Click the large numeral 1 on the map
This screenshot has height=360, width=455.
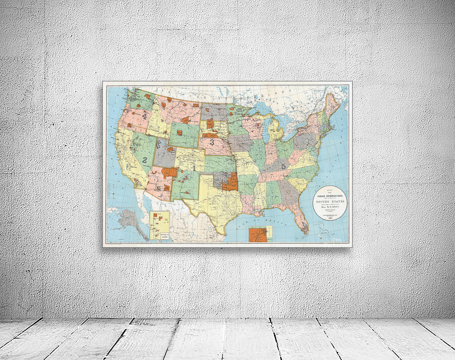[193, 167]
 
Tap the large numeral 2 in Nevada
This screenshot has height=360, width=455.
[145, 160]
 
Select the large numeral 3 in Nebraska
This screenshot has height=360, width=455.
[212, 143]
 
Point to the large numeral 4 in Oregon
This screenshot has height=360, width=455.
[145, 116]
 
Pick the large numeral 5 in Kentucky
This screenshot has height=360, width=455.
[284, 165]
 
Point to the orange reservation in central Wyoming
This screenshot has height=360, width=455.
[186, 120]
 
